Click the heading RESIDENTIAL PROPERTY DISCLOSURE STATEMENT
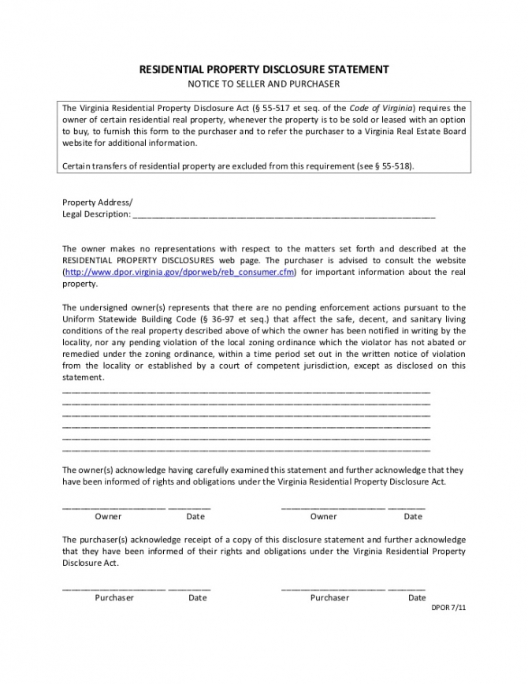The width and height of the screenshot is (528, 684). point(263,69)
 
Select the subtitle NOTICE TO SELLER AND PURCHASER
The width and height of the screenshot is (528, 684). point(263,84)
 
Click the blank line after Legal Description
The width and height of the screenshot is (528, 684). point(284,214)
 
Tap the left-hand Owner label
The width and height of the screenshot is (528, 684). point(108,517)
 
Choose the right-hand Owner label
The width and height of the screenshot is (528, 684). point(323,517)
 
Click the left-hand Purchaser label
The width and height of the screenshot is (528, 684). point(114,597)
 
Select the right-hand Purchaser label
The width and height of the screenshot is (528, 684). point(329,597)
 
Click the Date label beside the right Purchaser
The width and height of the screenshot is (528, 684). point(417,597)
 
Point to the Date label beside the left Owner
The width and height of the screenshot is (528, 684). point(195,517)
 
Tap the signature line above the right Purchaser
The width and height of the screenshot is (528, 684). point(333,588)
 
